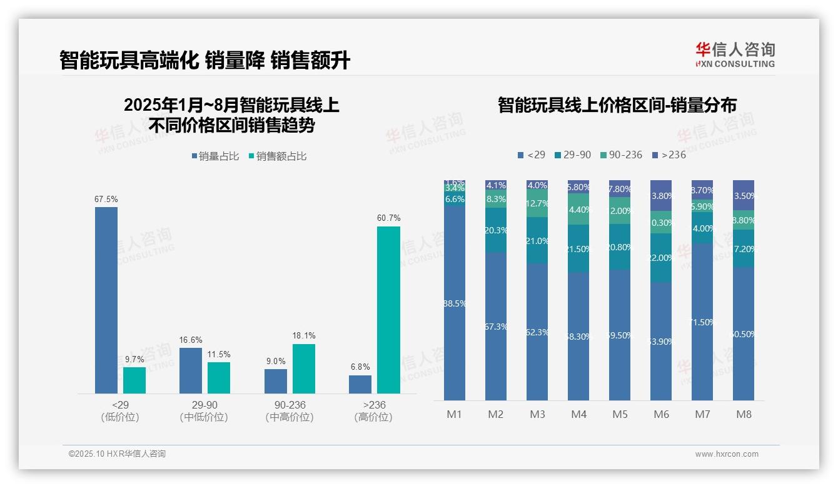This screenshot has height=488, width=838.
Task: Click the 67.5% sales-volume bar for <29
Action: point(106,300)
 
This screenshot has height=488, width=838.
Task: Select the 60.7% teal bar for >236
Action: point(388,310)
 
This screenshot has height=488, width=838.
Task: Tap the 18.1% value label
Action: point(304,336)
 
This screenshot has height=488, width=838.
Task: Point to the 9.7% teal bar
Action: point(134,380)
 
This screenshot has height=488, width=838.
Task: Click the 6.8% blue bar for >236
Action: point(360,384)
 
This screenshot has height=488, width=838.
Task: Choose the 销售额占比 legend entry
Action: point(278,156)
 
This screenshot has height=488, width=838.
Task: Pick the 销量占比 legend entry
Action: point(216,156)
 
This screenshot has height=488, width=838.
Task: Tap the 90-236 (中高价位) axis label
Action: point(289,411)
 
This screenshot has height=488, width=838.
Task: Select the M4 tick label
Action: point(578,414)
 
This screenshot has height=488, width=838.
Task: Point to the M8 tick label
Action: point(744,414)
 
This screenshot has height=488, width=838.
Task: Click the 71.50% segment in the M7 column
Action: point(702,322)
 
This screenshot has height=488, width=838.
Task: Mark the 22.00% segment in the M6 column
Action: point(661,258)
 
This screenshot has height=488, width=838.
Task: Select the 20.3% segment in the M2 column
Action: point(496,230)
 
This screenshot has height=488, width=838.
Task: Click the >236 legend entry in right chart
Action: point(669,155)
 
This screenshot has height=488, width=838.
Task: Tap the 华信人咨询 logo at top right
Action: point(735,55)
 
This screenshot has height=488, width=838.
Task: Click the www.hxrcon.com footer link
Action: point(727,454)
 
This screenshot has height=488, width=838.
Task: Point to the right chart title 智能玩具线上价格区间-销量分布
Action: point(617,105)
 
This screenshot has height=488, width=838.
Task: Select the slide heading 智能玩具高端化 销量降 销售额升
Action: point(204,61)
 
